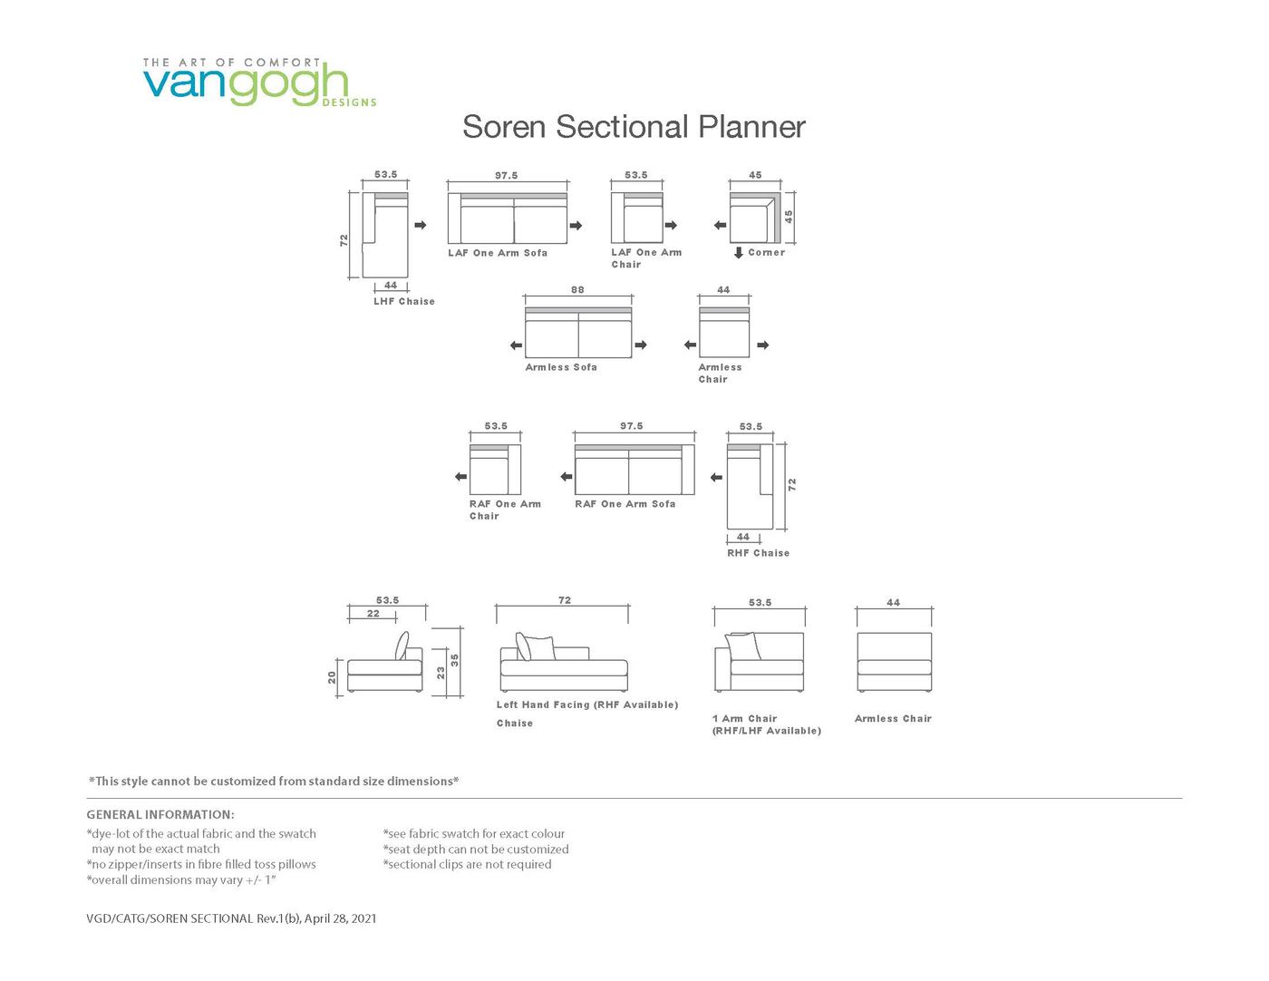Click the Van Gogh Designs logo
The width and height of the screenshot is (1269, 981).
(258, 83)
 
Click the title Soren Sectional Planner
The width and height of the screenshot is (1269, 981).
(634, 127)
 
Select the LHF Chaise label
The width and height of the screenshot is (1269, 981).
(403, 302)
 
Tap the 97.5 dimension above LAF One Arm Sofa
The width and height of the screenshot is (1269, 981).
(506, 176)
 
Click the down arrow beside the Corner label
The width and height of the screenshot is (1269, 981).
(739, 253)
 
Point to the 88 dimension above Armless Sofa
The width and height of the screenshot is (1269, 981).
(577, 290)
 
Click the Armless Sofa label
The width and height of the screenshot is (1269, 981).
(561, 367)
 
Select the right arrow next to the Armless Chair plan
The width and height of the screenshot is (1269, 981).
(763, 345)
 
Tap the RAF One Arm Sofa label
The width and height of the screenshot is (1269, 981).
(625, 504)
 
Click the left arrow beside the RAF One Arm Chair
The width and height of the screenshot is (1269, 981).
(460, 477)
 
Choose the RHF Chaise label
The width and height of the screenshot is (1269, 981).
(758, 553)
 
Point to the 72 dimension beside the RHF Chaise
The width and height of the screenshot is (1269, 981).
(792, 485)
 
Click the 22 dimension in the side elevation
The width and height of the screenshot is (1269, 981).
(373, 614)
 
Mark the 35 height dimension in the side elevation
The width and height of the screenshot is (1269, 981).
(455, 660)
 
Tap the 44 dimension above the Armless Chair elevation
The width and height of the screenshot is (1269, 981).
(893, 602)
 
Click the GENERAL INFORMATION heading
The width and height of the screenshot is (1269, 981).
(160, 814)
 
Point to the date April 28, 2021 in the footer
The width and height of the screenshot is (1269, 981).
(340, 918)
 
